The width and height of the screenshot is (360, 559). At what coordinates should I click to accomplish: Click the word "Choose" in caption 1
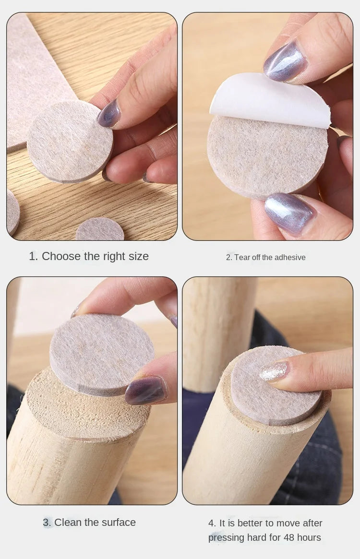[x=61, y=256]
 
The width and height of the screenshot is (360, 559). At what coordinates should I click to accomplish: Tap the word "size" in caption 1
[x=138, y=256]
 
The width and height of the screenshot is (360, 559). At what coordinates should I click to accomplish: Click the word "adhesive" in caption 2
[x=290, y=257]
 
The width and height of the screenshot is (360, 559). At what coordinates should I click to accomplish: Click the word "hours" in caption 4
[x=310, y=537]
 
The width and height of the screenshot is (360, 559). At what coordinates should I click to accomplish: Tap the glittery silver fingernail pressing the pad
[x=274, y=371]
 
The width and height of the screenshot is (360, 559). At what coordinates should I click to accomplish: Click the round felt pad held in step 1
[x=70, y=142]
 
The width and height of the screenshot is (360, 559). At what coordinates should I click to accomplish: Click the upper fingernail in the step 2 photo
[x=286, y=61]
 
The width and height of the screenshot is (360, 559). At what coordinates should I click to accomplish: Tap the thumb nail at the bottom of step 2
[x=289, y=213]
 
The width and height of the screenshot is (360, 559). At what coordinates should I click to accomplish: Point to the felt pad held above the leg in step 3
[x=102, y=355]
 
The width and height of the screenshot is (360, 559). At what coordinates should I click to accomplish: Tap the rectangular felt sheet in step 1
[x=36, y=78]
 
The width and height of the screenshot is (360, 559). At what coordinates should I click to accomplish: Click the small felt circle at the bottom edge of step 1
[x=100, y=230]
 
